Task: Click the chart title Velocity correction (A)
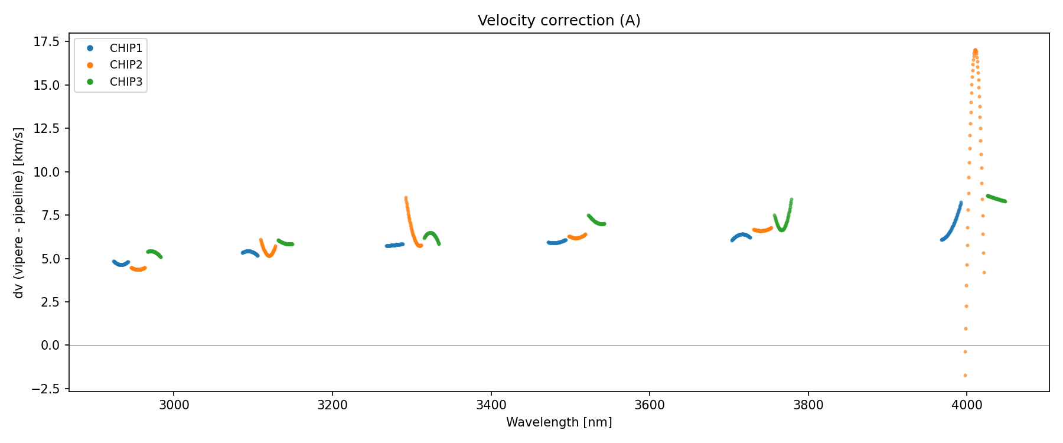click(x=559, y=21)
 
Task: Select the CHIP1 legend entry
click(x=126, y=48)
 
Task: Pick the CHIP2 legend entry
click(x=126, y=65)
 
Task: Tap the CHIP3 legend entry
click(x=126, y=82)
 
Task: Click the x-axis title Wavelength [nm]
click(x=559, y=422)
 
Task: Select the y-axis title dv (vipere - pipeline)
click(x=19, y=213)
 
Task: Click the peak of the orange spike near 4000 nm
click(x=975, y=51)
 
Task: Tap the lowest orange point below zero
click(x=965, y=375)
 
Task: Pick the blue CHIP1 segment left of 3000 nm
click(x=120, y=263)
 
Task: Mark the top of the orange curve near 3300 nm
click(x=406, y=198)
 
